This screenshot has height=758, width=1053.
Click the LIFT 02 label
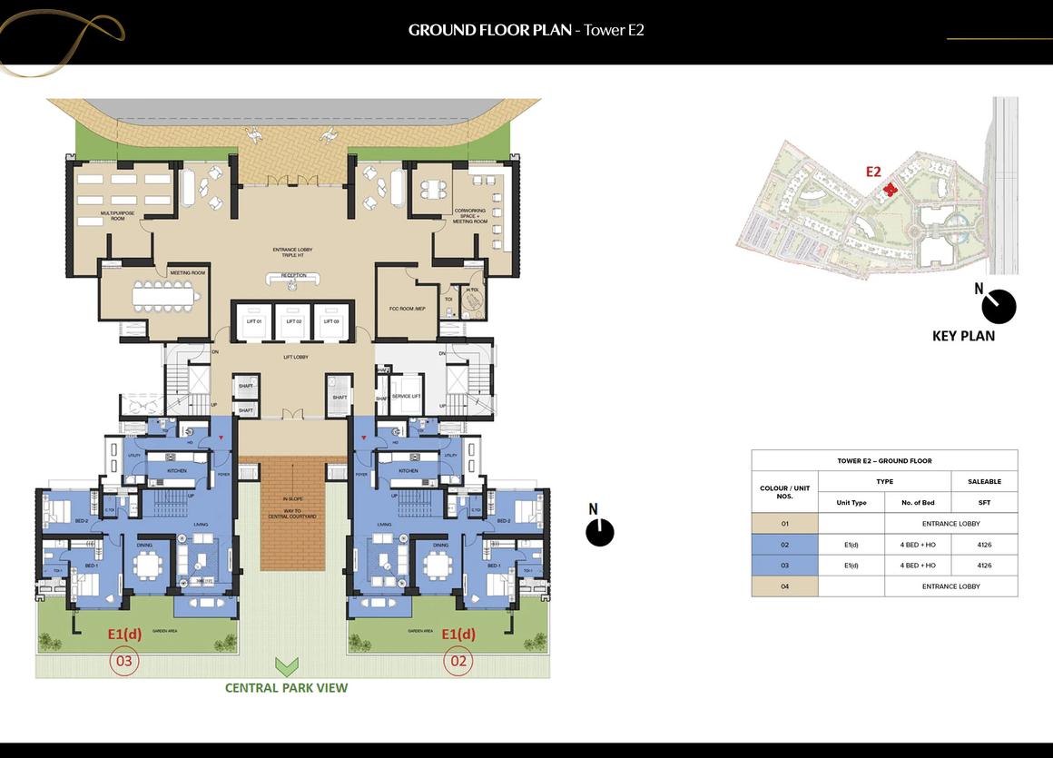[x=293, y=321]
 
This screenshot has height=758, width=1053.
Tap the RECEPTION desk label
[x=293, y=276]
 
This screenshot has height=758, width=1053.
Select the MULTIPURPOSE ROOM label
[x=118, y=216]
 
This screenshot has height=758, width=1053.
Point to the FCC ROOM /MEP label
[x=407, y=309]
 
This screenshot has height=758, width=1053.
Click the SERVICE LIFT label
[x=406, y=396]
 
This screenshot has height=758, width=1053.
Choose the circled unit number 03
[x=123, y=661]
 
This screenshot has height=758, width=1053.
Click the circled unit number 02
[x=458, y=661]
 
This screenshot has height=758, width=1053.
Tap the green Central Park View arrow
[x=287, y=668]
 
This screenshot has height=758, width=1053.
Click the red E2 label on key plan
[x=873, y=171]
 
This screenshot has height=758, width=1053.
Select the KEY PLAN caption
[x=963, y=336]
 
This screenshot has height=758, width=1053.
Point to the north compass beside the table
[x=600, y=531]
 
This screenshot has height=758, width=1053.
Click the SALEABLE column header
[x=984, y=481]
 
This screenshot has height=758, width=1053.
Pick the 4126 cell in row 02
[x=984, y=545]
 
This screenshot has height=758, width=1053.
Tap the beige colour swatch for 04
[x=784, y=586]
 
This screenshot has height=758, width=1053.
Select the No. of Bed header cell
[x=918, y=502]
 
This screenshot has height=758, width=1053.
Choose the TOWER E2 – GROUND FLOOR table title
[x=884, y=461]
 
